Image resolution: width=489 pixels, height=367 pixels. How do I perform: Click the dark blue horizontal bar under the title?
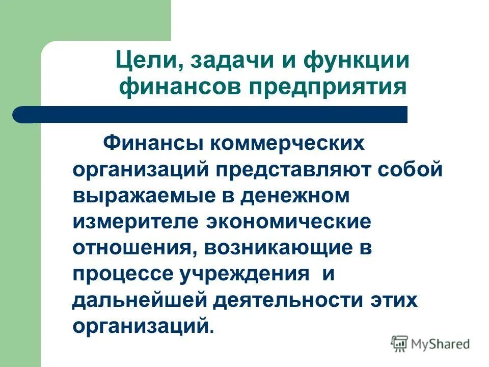tap(209, 115)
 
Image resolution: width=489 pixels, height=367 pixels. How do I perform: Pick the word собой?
tap(411, 170)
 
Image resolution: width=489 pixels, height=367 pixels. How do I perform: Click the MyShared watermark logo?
tap(430, 343)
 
